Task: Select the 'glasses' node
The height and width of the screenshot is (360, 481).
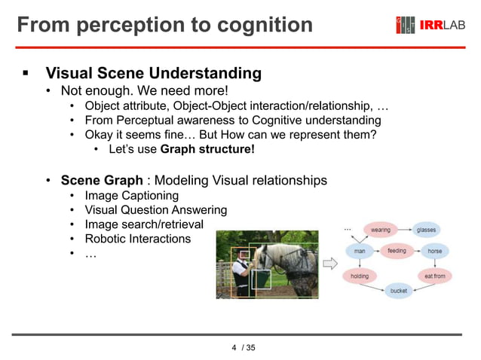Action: [x=427, y=230]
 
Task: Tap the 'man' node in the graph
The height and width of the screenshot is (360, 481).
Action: [x=360, y=251]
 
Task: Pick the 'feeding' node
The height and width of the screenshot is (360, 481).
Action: [x=397, y=251]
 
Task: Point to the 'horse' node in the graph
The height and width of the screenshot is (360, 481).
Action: [x=435, y=251]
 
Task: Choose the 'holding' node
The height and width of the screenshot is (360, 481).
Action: [x=360, y=276]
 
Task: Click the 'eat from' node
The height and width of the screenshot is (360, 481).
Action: [x=435, y=276]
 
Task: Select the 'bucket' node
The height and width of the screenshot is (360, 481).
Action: [x=398, y=291]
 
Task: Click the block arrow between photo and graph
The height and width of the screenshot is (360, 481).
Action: [x=330, y=264]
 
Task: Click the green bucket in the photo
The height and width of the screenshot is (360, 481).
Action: [x=261, y=279]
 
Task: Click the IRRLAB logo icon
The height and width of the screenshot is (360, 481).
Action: [x=406, y=25]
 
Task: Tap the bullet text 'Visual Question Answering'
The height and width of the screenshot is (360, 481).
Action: [x=155, y=210]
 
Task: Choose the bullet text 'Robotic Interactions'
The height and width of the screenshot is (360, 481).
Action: [x=138, y=239]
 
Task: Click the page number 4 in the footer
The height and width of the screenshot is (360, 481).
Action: [x=234, y=347]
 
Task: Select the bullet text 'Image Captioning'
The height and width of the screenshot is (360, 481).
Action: [x=132, y=196]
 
